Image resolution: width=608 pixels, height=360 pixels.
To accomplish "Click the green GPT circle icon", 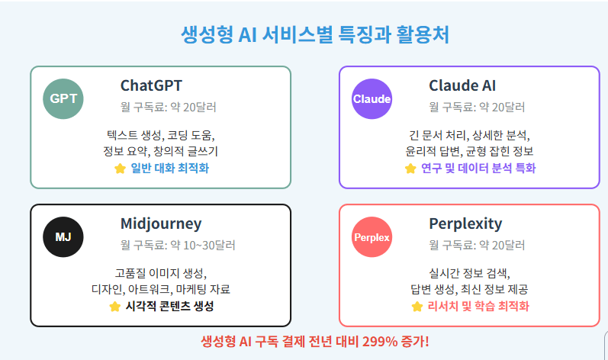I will pyautogui.click(x=63, y=99).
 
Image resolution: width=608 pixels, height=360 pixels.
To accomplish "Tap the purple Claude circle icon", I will pyautogui.click(x=372, y=99).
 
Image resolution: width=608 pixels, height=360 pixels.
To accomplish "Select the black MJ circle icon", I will pyautogui.click(x=63, y=236).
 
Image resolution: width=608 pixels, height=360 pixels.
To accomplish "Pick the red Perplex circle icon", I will pyautogui.click(x=372, y=237).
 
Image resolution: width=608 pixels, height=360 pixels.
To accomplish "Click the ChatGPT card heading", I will pyautogui.click(x=151, y=85).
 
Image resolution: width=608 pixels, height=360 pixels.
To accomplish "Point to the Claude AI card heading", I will pyautogui.click(x=462, y=85).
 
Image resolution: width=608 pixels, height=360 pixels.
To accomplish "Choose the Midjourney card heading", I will pyautogui.click(x=161, y=223).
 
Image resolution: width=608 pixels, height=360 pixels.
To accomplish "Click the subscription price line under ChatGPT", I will pyautogui.click(x=168, y=107).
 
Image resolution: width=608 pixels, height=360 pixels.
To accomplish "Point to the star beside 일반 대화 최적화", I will pyautogui.click(x=120, y=169).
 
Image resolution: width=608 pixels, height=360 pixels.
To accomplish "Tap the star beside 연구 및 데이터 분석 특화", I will pyautogui.click(x=410, y=169).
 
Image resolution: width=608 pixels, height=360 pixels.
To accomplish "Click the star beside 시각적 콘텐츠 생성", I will pyautogui.click(x=114, y=307).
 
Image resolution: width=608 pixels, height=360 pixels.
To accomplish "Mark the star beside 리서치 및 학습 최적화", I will pyautogui.click(x=417, y=307).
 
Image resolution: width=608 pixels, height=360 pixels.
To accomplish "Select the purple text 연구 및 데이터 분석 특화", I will pyautogui.click(x=478, y=169).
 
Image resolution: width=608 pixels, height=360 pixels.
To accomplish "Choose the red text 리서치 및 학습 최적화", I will pyautogui.click(x=478, y=307).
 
